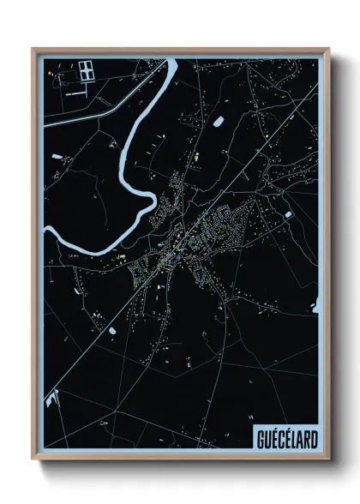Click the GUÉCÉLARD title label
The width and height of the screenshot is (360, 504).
[x=286, y=440]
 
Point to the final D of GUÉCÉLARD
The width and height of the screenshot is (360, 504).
[x=313, y=440]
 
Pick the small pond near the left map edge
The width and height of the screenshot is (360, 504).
[x=57, y=157]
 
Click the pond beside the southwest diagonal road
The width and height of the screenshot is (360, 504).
[x=112, y=328]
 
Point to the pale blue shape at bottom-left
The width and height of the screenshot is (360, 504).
[x=53, y=399]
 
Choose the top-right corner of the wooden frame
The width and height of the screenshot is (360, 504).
[x=329, y=48]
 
